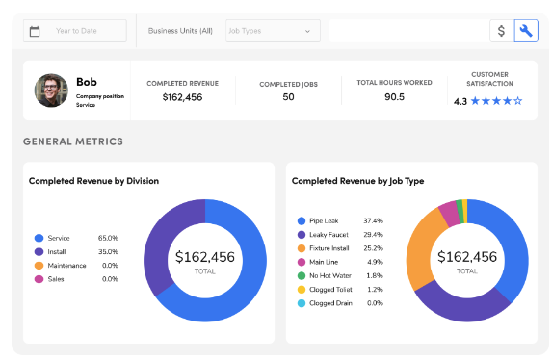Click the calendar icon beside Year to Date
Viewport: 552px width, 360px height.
pyautogui.click(x=36, y=31)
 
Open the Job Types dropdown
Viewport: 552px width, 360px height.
pyautogui.click(x=272, y=31)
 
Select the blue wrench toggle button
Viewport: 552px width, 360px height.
pyautogui.click(x=526, y=31)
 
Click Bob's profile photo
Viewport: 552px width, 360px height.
pyautogui.click(x=51, y=90)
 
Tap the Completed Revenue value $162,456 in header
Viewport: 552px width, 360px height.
pyautogui.click(x=182, y=97)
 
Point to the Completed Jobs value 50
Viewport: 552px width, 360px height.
pyautogui.click(x=288, y=97)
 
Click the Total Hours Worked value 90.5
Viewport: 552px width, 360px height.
pyautogui.click(x=394, y=96)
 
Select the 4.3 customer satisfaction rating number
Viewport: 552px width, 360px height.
pyautogui.click(x=460, y=101)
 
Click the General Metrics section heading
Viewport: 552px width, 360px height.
pyautogui.click(x=73, y=141)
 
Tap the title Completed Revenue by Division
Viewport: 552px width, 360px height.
pyautogui.click(x=93, y=180)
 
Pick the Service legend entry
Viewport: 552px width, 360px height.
pyautogui.click(x=59, y=238)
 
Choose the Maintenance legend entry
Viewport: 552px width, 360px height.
pyautogui.click(x=67, y=265)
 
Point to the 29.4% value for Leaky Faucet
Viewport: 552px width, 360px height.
pyautogui.click(x=373, y=234)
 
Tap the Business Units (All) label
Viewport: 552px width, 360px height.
pyautogui.click(x=180, y=31)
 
